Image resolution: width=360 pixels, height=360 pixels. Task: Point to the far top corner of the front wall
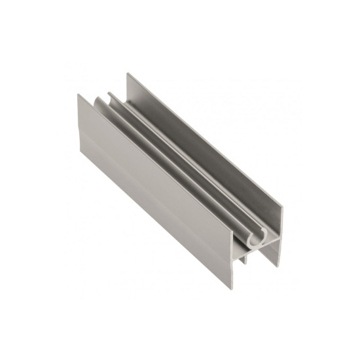click(x=79, y=94)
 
